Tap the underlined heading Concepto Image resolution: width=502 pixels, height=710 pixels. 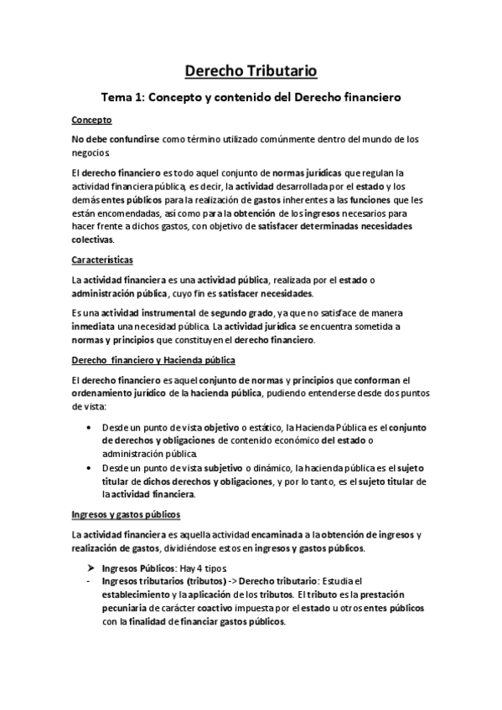coord(91,120)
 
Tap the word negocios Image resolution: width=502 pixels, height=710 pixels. coord(91,153)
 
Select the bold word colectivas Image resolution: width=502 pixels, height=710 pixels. coord(92,239)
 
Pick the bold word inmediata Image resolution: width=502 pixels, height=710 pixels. coord(99,327)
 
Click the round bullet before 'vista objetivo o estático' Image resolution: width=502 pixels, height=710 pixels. coord(91,427)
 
